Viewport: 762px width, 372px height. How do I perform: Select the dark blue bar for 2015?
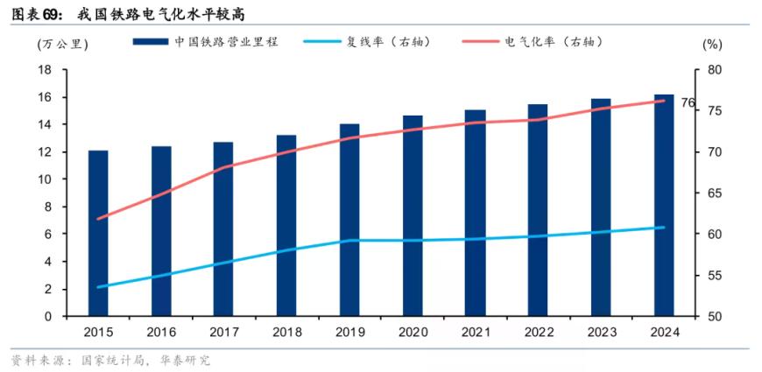[x=98, y=234]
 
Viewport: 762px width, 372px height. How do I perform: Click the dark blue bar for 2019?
[x=349, y=220]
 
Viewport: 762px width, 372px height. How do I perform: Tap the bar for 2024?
[x=664, y=206]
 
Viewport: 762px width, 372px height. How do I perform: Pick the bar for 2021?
[x=476, y=214]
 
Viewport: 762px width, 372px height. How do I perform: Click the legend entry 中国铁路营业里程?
[x=206, y=42]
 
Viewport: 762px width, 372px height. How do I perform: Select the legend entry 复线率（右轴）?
[x=368, y=42]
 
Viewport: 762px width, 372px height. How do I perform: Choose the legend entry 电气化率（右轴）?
[x=534, y=42]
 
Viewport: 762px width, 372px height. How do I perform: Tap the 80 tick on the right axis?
[x=710, y=70]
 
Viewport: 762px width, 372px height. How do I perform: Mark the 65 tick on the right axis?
[x=710, y=193]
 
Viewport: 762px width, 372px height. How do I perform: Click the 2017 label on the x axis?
[x=224, y=333]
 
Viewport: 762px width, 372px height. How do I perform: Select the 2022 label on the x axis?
[x=539, y=333]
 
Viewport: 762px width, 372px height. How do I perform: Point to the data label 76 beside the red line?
[x=688, y=102]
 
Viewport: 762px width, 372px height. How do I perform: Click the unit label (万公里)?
[x=63, y=44]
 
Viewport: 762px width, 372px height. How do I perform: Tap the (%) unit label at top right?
[x=712, y=44]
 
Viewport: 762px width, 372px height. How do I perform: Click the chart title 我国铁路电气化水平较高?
[x=160, y=15]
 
